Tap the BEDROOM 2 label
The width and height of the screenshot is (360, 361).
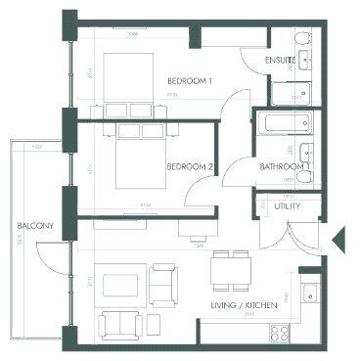(x=191, y=166)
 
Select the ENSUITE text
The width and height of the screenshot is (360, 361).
(x=280, y=61)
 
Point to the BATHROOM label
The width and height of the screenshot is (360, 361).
(x=279, y=166)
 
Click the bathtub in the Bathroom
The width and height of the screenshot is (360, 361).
(x=284, y=125)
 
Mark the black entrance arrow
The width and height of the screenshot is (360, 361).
(x=337, y=238)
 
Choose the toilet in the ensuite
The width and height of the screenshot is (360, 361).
(x=305, y=60)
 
